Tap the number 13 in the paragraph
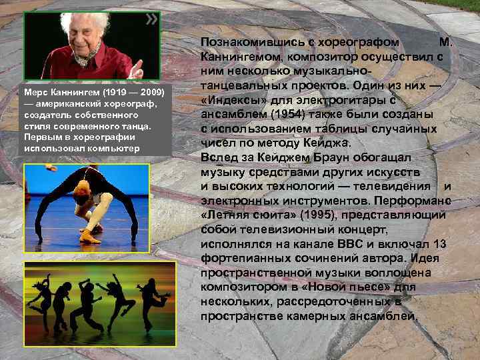point(440,244)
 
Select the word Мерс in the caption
point(35,89)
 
